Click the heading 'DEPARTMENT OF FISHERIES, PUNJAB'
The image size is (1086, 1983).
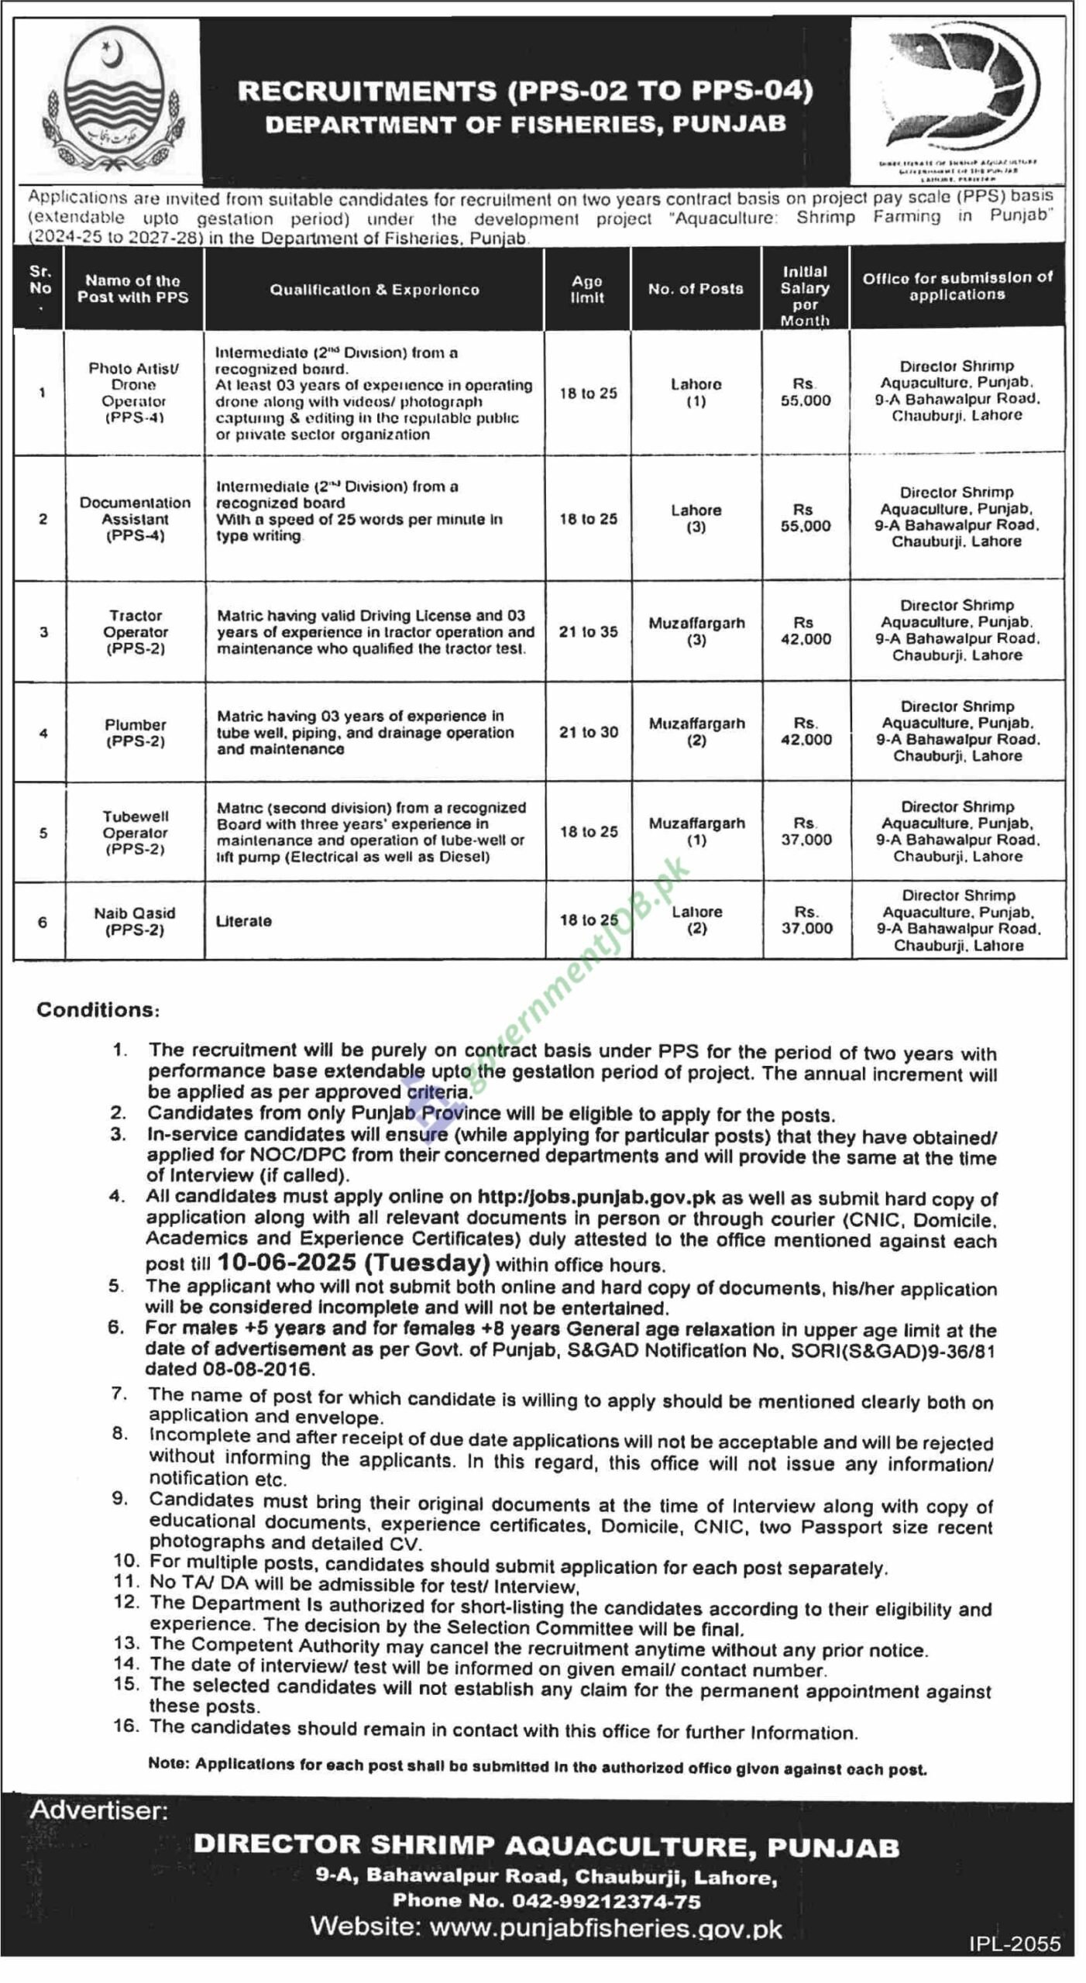[525, 124]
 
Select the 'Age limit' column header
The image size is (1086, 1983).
[587, 290]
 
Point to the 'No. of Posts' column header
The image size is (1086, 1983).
[696, 289]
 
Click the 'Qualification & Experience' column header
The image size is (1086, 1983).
[374, 290]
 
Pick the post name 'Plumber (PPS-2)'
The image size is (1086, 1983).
[136, 733]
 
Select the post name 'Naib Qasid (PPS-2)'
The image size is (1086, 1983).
[135, 921]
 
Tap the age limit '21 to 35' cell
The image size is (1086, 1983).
[589, 632]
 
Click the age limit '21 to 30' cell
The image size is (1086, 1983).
[589, 732]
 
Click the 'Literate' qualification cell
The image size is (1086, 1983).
[244, 921]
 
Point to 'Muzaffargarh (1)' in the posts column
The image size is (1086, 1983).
[697, 831]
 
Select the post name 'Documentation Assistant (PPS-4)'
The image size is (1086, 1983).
[135, 519]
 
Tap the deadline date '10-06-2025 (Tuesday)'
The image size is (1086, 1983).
[353, 1263]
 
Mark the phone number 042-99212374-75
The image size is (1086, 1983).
[546, 1901]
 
